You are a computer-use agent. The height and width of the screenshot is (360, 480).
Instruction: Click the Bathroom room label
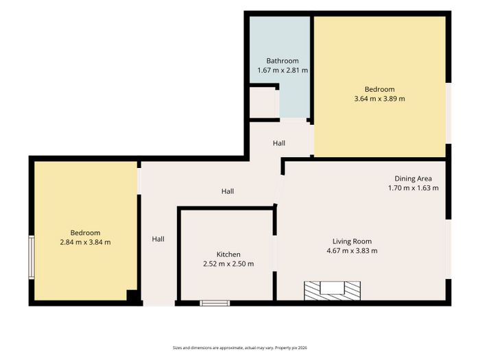point(283,60)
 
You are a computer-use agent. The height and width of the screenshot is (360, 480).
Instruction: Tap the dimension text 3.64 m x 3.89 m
point(380,99)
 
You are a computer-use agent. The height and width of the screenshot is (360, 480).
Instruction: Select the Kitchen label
point(228,254)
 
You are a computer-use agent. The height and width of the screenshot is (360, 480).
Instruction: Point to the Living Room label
point(352,241)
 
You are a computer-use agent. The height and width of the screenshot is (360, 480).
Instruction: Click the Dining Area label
point(413,178)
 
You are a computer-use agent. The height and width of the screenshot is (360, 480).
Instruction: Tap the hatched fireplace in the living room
point(332,291)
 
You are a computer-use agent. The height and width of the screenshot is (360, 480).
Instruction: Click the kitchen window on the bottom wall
point(215,303)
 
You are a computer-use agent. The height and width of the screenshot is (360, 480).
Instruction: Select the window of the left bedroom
point(32,257)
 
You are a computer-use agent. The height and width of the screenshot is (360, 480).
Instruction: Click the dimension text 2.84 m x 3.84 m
point(86,242)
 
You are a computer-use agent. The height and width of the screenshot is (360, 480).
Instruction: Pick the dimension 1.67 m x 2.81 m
point(283,70)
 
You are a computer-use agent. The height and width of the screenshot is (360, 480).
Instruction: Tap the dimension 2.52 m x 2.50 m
point(228,263)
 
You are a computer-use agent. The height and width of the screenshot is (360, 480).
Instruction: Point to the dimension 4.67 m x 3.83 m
point(352,251)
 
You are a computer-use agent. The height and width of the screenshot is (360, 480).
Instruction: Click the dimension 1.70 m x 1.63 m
point(413,188)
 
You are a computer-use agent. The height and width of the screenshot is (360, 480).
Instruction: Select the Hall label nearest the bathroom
point(279,143)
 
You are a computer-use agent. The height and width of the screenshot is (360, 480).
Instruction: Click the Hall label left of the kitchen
point(158,239)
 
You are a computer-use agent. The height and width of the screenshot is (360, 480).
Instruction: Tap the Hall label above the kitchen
point(228,191)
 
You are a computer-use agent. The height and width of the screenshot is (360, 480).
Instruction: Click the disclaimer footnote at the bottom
point(240,348)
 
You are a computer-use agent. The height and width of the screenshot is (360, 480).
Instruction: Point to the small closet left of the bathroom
point(264,104)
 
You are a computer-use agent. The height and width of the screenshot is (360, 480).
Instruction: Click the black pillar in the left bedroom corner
point(132,295)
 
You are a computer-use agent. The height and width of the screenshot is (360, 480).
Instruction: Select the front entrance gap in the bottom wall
point(159,303)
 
